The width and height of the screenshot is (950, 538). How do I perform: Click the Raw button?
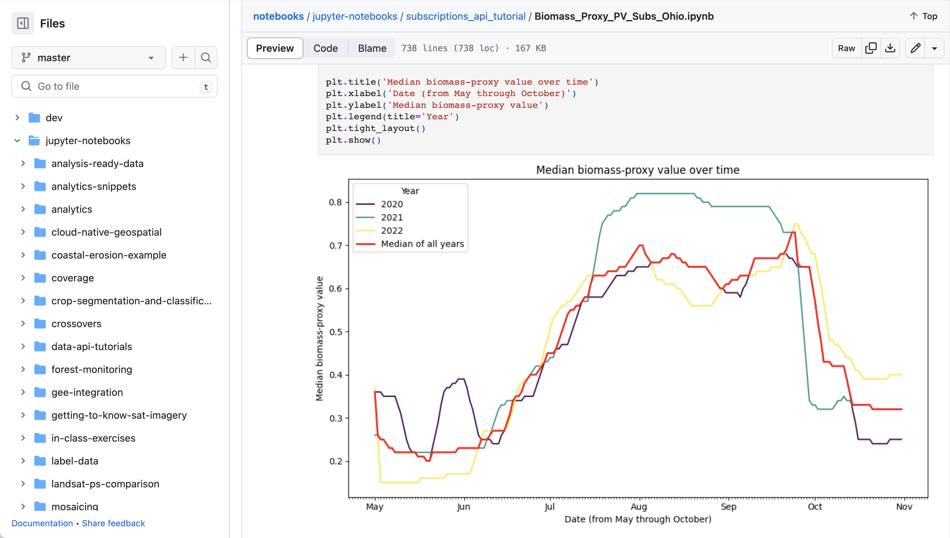pyautogui.click(x=846, y=48)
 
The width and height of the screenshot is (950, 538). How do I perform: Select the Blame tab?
pyautogui.click(x=372, y=48)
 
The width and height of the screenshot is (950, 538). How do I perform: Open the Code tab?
pyautogui.click(x=325, y=48)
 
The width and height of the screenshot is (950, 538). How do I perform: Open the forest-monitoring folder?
pyautogui.click(x=91, y=369)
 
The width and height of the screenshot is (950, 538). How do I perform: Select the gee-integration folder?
pyautogui.click(x=87, y=392)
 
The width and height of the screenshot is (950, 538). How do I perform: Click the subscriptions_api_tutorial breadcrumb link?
pyautogui.click(x=465, y=16)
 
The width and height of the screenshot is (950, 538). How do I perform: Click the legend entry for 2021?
pyautogui.click(x=391, y=217)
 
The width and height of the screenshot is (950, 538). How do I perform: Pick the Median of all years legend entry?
pyautogui.click(x=422, y=244)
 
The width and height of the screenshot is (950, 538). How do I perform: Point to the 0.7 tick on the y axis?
pyautogui.click(x=336, y=246)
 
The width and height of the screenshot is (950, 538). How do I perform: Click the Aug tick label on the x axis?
pyautogui.click(x=638, y=507)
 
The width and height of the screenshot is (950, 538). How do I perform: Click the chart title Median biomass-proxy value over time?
pyautogui.click(x=638, y=170)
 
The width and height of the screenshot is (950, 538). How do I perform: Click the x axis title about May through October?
pyautogui.click(x=638, y=519)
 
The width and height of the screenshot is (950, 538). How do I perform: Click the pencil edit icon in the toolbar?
pyautogui.click(x=915, y=48)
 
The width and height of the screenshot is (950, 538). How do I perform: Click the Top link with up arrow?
pyautogui.click(x=923, y=16)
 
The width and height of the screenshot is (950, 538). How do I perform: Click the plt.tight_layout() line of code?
pyautogui.click(x=375, y=128)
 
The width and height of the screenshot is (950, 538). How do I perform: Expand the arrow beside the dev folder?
pyautogui.click(x=17, y=118)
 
